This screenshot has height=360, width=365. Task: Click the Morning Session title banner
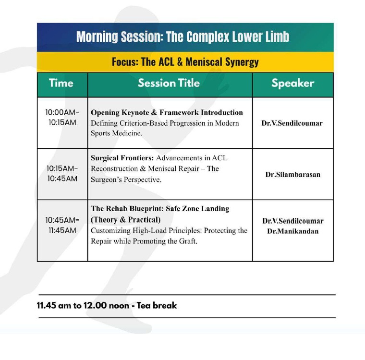click(x=183, y=37)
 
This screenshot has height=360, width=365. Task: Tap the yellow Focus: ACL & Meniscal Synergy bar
click(x=185, y=62)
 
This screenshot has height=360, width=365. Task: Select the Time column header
click(x=61, y=83)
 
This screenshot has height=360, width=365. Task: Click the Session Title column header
click(x=169, y=83)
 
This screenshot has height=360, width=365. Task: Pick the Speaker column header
click(x=292, y=83)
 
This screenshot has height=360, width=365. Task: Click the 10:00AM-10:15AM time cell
click(x=62, y=117)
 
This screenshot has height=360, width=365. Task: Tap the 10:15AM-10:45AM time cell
click(x=62, y=174)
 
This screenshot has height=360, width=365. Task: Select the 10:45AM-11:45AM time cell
click(x=62, y=225)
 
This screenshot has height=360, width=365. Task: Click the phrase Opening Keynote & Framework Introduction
click(x=167, y=112)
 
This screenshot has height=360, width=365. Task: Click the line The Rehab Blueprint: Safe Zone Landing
click(x=160, y=209)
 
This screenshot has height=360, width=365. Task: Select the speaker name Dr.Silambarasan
click(x=292, y=174)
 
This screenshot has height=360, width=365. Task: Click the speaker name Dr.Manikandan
click(x=292, y=231)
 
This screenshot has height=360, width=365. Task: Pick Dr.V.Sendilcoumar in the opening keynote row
click(x=292, y=123)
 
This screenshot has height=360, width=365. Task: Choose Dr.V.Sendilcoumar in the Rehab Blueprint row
click(x=292, y=221)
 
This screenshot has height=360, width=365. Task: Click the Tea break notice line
click(x=107, y=305)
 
